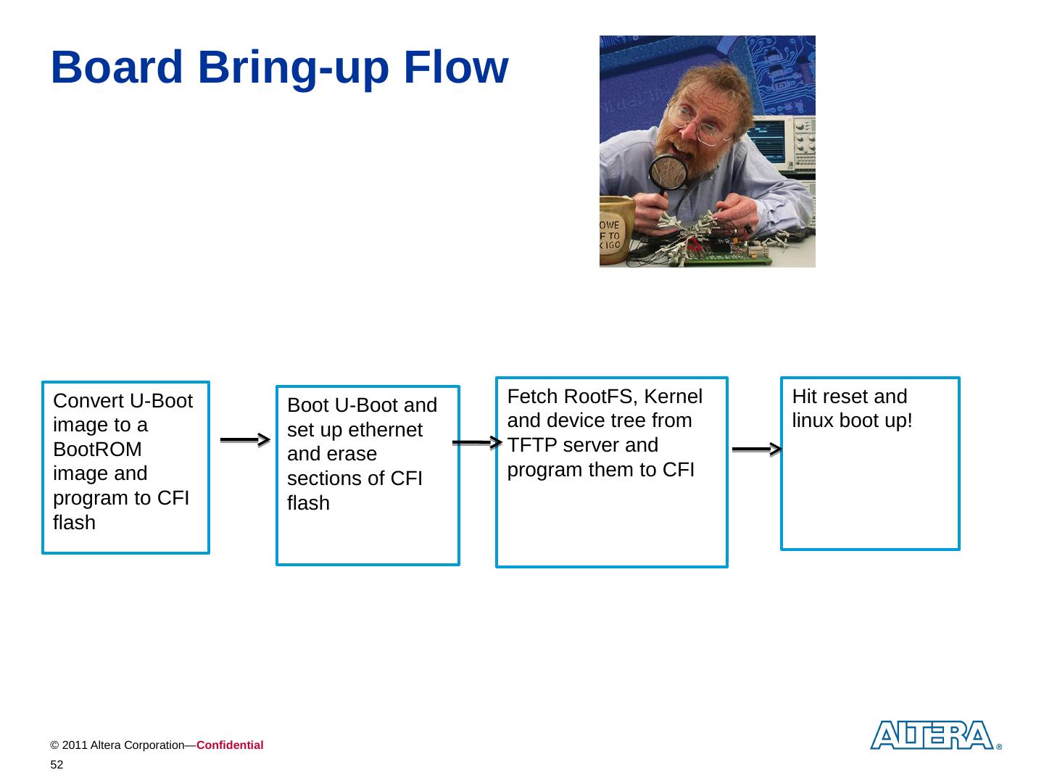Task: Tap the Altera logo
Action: [x=932, y=735]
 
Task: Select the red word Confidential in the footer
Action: [x=229, y=745]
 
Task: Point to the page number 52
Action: [x=57, y=765]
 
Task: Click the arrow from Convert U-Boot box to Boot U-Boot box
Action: [x=245, y=439]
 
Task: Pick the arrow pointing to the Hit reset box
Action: [x=757, y=449]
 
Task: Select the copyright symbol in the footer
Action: [x=54, y=745]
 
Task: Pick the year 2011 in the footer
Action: [x=73, y=745]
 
